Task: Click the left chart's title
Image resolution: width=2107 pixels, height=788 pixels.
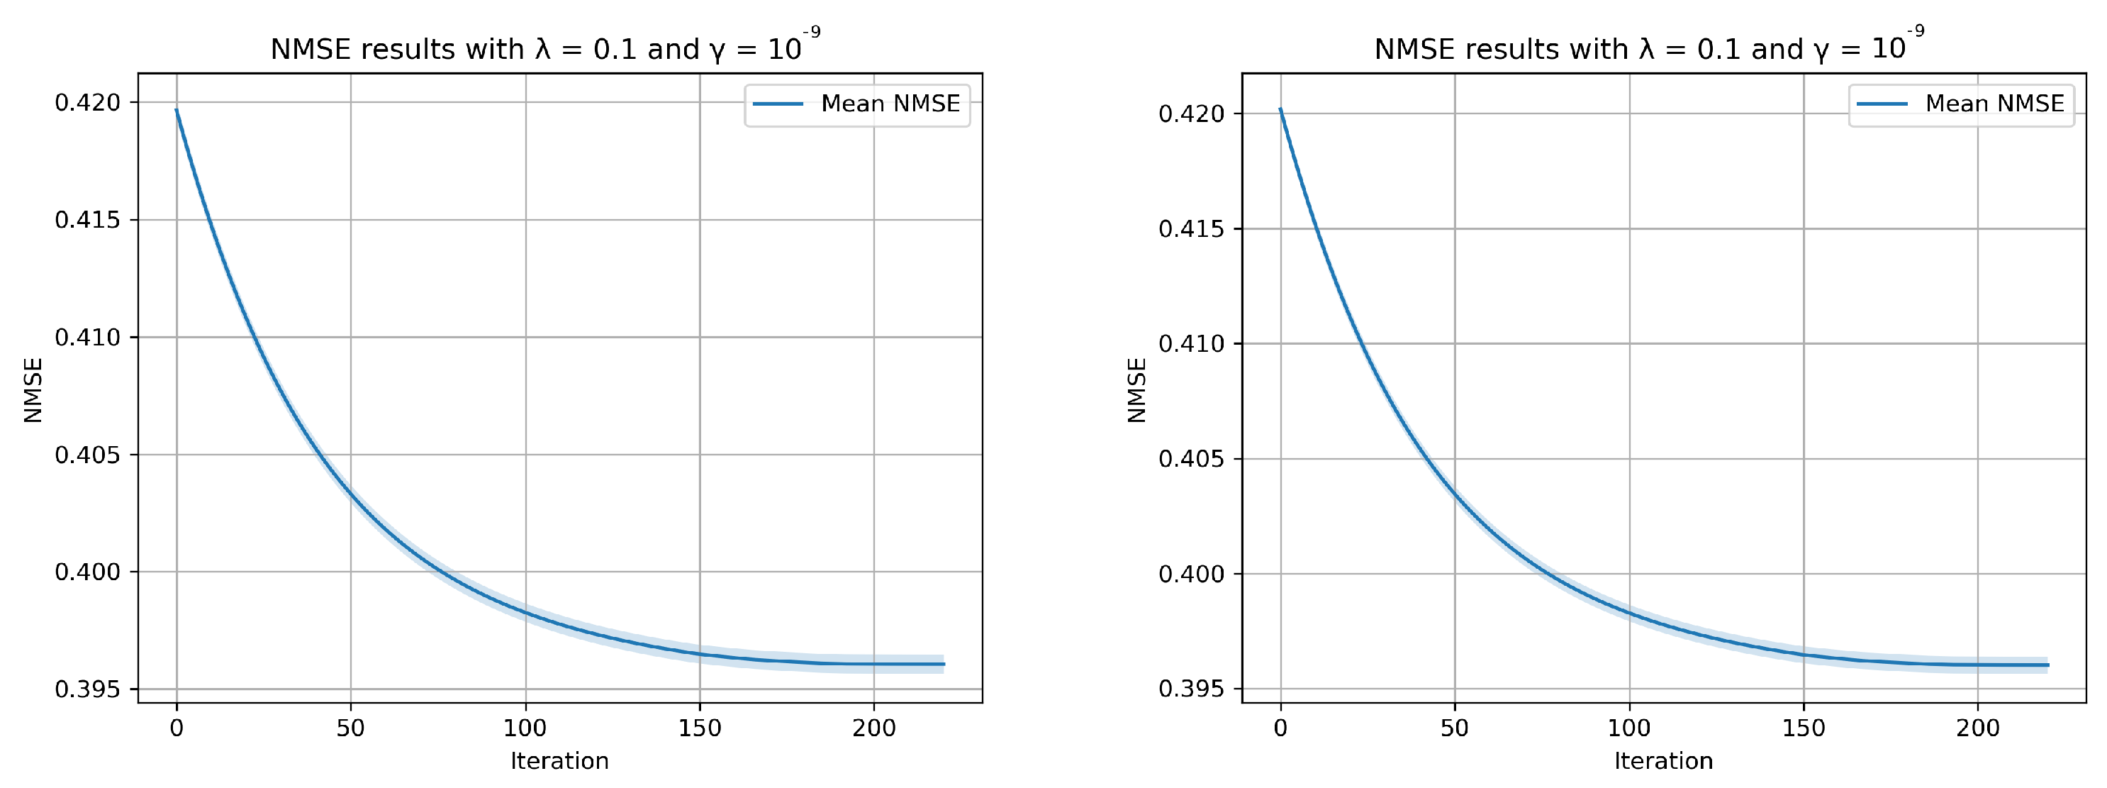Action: coord(544,48)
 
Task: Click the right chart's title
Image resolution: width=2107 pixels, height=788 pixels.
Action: coord(1648,48)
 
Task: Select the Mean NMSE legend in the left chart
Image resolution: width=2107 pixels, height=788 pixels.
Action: coord(856,104)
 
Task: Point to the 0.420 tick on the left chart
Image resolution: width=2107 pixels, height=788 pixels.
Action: coord(87,102)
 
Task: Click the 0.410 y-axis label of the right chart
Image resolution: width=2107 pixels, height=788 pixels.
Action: coord(1191,344)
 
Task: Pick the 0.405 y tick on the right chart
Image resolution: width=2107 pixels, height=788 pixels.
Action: coord(1191,459)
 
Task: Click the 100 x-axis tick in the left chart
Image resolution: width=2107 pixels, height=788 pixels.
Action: coord(525,728)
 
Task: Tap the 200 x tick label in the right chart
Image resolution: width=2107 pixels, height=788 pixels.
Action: coord(1978,728)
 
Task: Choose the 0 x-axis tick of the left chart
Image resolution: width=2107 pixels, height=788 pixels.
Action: coord(177,728)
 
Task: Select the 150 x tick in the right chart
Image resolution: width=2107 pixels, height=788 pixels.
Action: coord(1804,728)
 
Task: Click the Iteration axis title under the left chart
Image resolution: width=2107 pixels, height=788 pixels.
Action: coord(559,761)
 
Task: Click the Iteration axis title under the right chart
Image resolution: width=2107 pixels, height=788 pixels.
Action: coord(1663,761)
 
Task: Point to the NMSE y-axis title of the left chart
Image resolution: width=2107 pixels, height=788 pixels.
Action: coord(33,389)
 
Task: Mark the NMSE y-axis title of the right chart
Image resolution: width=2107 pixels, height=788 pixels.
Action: coord(1137,389)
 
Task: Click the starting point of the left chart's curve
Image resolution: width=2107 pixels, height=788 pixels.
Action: coord(177,110)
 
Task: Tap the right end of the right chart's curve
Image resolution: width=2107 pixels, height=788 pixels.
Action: coord(2047,665)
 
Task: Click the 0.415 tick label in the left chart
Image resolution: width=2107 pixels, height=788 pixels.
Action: coord(87,219)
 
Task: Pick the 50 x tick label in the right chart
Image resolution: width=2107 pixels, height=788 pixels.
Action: coord(1454,728)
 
